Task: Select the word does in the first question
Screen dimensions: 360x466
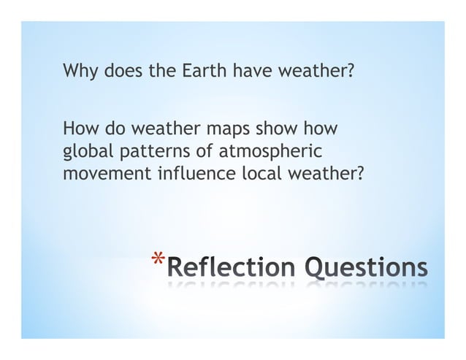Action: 121,72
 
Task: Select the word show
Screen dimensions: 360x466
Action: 276,131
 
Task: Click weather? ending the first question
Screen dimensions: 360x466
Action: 315,72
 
